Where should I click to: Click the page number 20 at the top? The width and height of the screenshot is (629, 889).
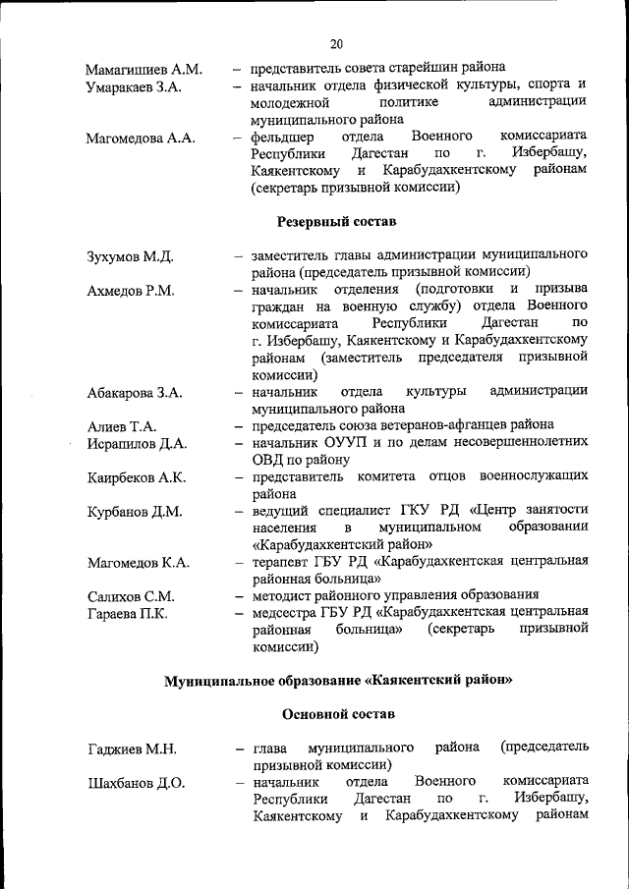pos(336,43)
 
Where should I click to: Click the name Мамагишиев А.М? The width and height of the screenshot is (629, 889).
pos(143,70)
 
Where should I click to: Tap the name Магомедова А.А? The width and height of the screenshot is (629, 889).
pos(141,139)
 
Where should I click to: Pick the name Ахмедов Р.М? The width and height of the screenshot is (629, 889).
pos(130,291)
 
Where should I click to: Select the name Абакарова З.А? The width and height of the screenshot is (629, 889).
pos(134,393)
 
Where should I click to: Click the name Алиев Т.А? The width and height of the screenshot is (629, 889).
pos(121,426)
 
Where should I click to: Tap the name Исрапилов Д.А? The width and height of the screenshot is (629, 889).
pos(136,444)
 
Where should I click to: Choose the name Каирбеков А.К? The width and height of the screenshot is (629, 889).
pos(136,478)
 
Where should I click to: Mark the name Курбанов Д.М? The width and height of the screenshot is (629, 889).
pos(132,512)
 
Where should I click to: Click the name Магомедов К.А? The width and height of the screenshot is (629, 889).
pos(138,563)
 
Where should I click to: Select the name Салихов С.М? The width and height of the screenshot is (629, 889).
pos(130,596)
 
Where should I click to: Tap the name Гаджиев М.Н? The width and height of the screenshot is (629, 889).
pos(131,750)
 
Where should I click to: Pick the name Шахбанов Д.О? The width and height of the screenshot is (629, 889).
pos(135,784)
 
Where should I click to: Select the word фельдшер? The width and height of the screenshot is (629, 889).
pos(283,137)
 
